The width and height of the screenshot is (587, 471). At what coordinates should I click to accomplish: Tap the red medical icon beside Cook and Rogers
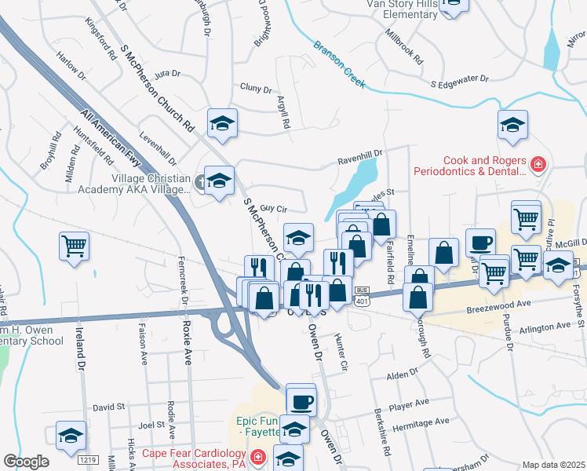(538, 164)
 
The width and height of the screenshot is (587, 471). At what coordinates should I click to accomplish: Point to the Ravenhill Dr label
(359, 154)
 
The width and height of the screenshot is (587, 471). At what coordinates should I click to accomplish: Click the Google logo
(26, 462)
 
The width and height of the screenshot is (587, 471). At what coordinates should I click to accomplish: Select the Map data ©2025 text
(553, 465)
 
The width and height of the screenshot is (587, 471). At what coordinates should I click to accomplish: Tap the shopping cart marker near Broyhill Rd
(74, 247)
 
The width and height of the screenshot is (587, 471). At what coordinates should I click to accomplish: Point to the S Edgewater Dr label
(460, 80)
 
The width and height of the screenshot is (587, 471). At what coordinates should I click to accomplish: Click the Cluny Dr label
(256, 88)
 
